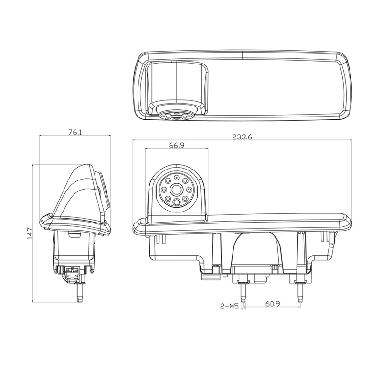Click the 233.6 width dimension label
coord(242,137)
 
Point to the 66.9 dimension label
coord(177,145)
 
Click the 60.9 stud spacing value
coord(272,304)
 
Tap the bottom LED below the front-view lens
coord(177,202)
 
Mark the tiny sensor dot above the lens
coord(177,178)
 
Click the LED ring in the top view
coord(177,116)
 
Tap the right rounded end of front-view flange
coord(348,223)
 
